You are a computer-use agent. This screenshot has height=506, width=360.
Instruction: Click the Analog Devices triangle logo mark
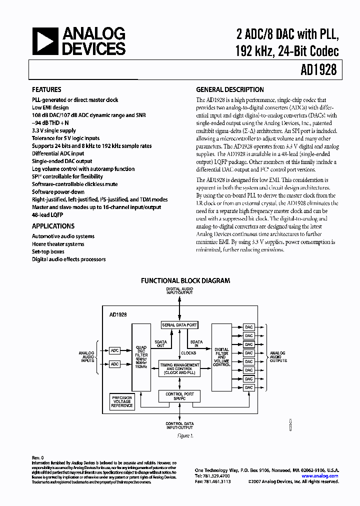click(x=44, y=41)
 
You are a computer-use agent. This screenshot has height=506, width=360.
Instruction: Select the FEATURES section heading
click(x=46, y=90)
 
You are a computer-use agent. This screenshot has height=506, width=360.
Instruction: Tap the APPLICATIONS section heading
click(x=53, y=226)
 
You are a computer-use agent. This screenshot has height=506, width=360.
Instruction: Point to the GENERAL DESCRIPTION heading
click(x=230, y=90)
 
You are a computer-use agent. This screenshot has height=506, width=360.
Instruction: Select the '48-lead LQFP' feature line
click(x=48, y=214)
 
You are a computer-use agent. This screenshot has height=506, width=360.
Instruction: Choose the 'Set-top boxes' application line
click(x=48, y=251)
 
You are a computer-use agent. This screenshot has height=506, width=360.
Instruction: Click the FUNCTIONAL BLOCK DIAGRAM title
click(x=185, y=281)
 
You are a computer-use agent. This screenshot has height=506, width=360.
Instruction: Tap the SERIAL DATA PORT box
click(x=179, y=325)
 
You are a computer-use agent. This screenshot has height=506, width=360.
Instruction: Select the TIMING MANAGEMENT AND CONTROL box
click(x=179, y=369)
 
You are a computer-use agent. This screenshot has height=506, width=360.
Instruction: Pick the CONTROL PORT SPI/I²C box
click(x=179, y=396)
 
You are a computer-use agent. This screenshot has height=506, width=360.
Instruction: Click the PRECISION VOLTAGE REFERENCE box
click(x=122, y=401)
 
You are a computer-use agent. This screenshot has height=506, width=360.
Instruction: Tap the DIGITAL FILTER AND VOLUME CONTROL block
click(x=221, y=357)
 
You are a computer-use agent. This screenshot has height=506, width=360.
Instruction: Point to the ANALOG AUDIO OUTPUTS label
click(x=278, y=356)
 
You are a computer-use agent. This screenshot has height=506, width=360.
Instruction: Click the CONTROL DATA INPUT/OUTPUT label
click(x=179, y=425)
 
